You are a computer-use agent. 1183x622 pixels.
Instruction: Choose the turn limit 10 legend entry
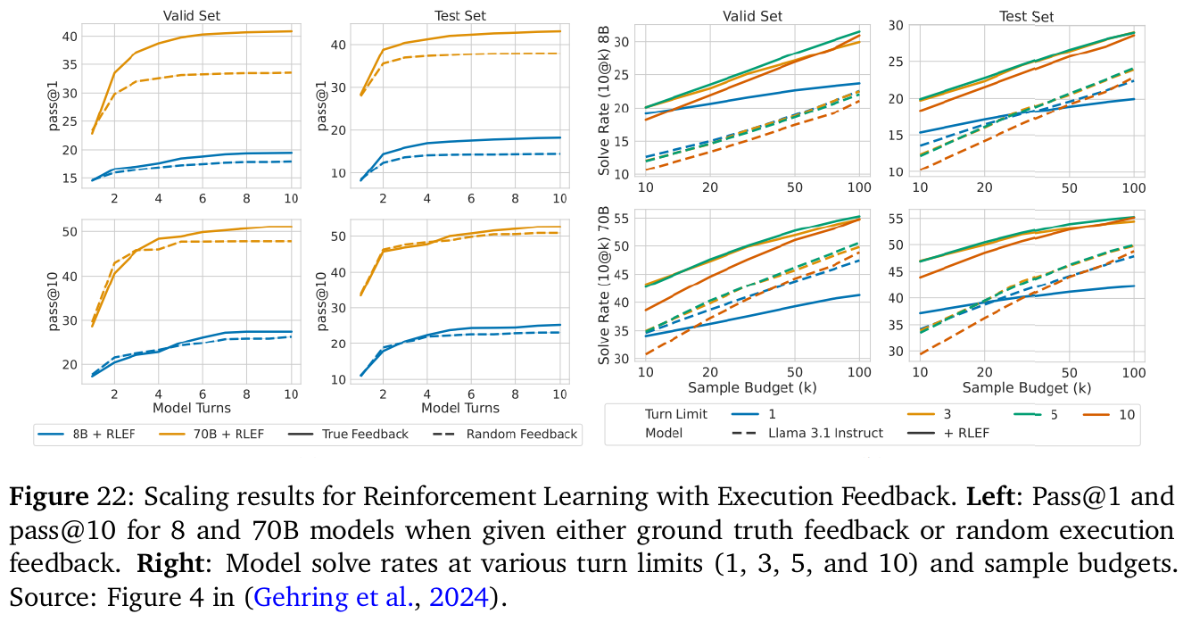(1127, 414)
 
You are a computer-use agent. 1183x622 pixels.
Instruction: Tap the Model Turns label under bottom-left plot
(192, 408)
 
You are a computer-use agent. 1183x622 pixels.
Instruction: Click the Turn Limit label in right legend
(675, 414)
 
